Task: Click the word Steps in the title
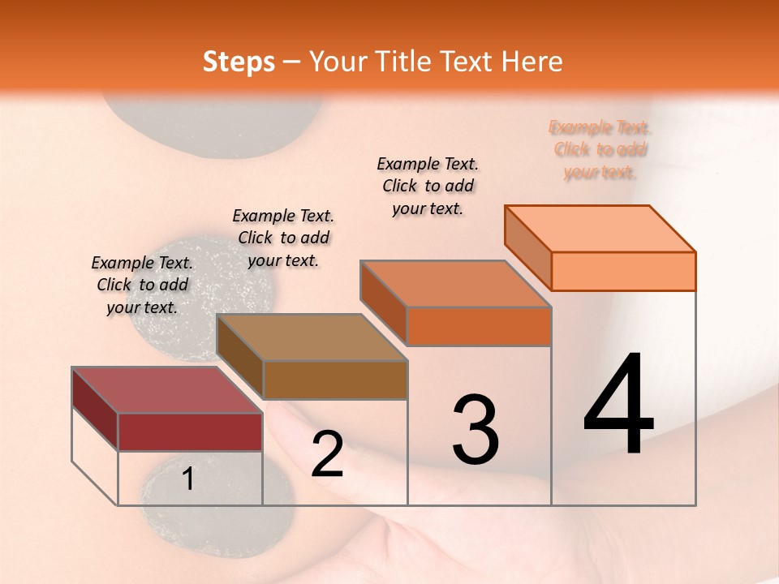point(239,62)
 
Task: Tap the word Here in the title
point(532,62)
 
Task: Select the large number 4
point(618,406)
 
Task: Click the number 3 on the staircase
point(475,430)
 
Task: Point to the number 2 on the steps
point(327,454)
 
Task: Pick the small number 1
point(188,479)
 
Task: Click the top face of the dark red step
point(166,390)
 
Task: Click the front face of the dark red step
point(190,432)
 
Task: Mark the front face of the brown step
point(334,380)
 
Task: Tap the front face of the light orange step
point(623,271)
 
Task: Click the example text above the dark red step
point(143,285)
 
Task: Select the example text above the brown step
point(283,238)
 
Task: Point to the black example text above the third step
point(428,186)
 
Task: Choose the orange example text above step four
point(600,149)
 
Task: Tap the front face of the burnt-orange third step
point(479,326)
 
